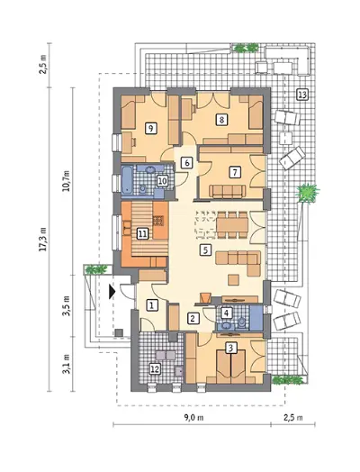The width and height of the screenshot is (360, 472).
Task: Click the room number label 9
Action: point(150,128)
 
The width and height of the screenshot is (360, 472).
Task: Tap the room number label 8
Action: point(221,120)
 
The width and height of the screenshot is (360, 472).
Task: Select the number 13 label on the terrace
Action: point(302,95)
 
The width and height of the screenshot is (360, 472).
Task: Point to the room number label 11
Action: point(143,233)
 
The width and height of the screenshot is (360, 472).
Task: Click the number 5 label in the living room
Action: point(206,250)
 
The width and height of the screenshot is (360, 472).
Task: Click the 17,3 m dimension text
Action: point(44,239)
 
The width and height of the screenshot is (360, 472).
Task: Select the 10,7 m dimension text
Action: point(67,181)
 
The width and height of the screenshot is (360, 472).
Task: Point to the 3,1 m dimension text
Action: point(67,364)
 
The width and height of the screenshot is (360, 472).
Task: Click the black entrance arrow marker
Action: point(112,292)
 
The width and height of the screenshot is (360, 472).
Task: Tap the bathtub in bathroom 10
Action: point(127,180)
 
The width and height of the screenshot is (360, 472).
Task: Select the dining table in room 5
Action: point(232,225)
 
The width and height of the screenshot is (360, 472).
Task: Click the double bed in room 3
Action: point(231,364)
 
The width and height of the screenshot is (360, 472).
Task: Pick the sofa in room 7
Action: point(228,192)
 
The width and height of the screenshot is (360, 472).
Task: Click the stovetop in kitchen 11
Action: point(158,221)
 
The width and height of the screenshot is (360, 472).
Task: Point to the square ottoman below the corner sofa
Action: point(233,279)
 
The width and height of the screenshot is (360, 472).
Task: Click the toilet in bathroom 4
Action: point(242,323)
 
